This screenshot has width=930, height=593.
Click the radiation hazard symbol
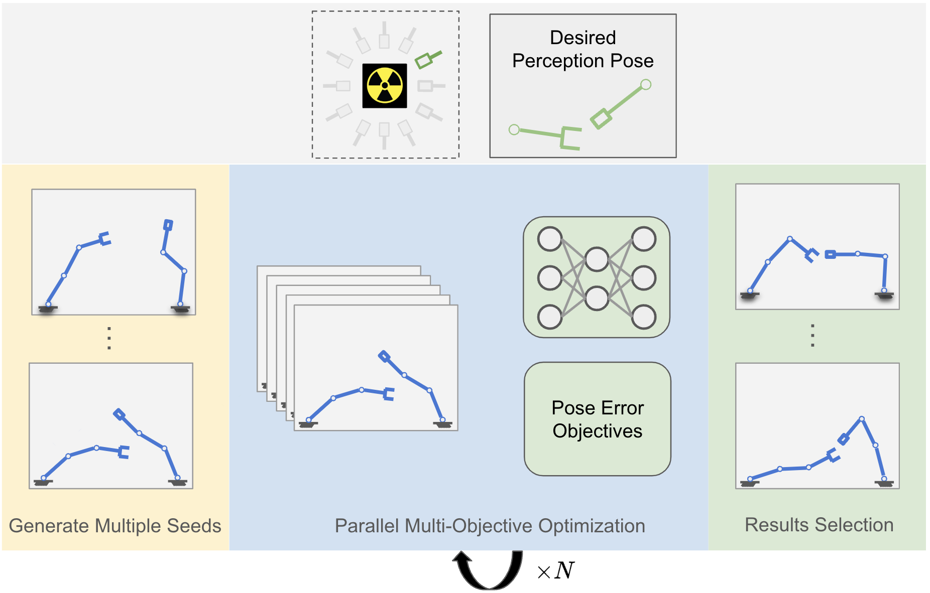pos(385,86)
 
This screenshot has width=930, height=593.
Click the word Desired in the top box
pos(583,38)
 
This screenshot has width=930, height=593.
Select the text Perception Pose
pos(583,61)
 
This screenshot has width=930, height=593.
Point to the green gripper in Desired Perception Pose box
pos(570,138)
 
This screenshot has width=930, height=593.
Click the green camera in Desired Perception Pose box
pos(601,119)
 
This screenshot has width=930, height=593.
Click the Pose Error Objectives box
pos(597,419)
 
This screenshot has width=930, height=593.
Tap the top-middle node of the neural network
pos(597,259)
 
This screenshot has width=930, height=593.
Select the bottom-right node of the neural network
pos(644,317)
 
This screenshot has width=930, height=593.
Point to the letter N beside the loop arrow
pos(564,570)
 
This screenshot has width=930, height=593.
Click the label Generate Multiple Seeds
pos(115,526)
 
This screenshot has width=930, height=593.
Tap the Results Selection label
pos(819,525)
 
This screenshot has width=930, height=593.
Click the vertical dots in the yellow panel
pos(109,338)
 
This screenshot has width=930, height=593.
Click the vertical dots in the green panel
pos(812,336)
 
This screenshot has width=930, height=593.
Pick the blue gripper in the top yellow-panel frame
pos(105,239)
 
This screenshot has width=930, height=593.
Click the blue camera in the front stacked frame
pos(384,357)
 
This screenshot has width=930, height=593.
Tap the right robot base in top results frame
pos(884,294)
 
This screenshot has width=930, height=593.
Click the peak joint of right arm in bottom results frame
pos(862,418)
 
